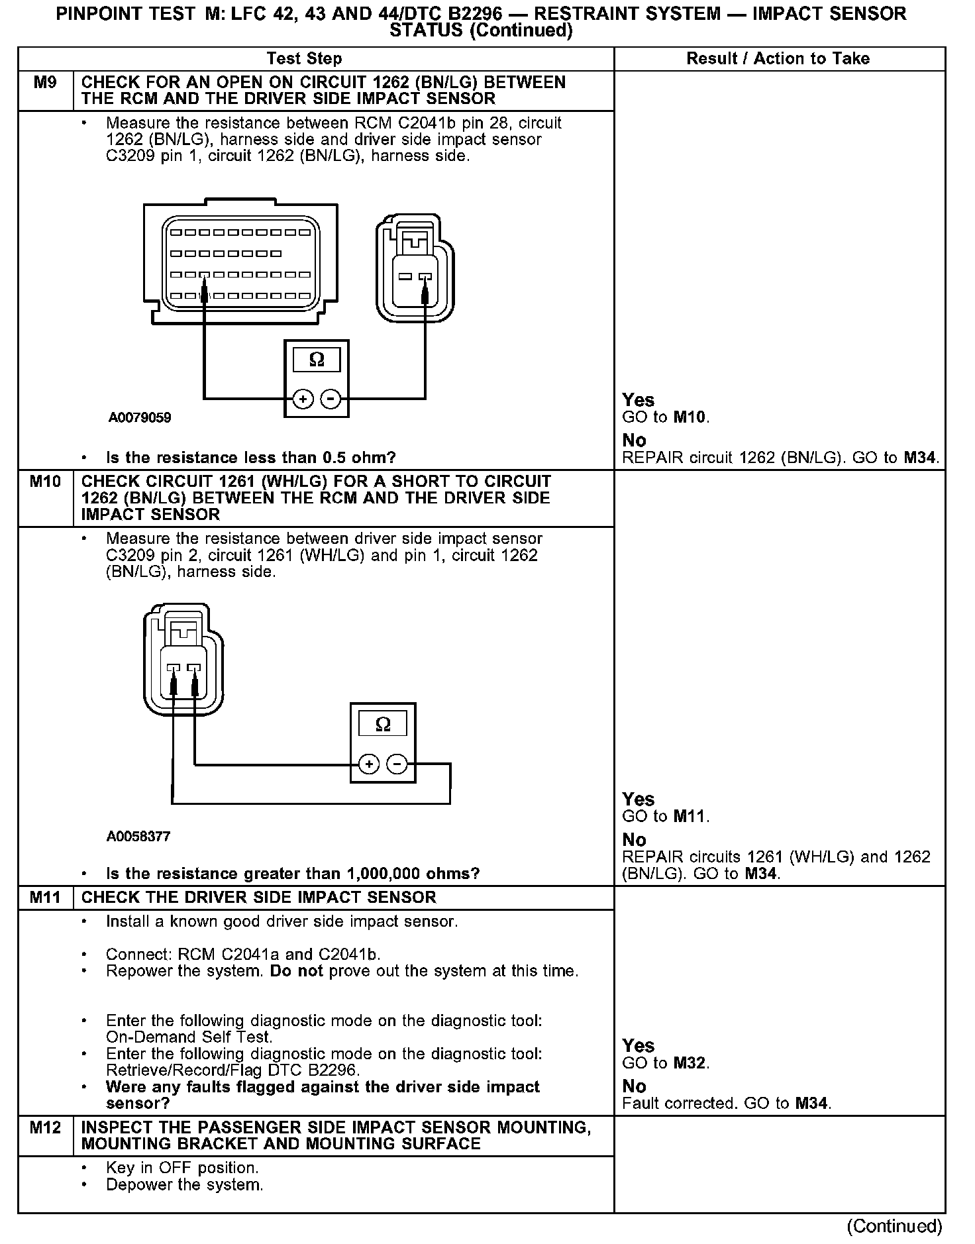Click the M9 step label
coord(45,83)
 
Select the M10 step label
coord(45,482)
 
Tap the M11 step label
coord(45,898)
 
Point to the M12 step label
coord(45,1127)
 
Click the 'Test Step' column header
coord(304,59)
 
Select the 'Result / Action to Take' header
coord(778,59)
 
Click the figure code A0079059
coord(140,418)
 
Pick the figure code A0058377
coord(138,837)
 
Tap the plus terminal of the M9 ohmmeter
coord(303,399)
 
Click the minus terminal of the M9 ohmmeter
coord(330,399)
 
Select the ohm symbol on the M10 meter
coord(383,724)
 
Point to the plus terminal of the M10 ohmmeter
coord(369,764)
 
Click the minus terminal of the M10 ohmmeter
coord(397,764)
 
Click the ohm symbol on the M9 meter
coord(317,360)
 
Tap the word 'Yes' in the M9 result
coord(638,400)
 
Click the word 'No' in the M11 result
coord(634,1086)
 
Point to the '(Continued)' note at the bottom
coord(894,1226)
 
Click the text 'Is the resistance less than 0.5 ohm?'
coord(250,458)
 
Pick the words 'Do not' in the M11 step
coord(296,971)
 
